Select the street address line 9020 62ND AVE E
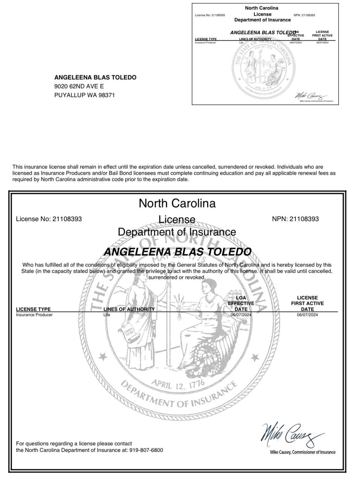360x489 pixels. tap(79, 86)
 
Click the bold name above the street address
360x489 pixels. tap(95, 77)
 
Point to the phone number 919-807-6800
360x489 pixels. tap(146, 450)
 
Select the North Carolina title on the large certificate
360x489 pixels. tap(177, 203)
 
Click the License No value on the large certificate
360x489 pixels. tap(67, 219)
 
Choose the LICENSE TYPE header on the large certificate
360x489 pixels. tap(33, 309)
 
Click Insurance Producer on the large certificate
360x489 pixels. tap(34, 315)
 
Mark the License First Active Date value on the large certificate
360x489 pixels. tap(307, 315)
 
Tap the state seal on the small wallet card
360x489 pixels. tap(261, 68)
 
